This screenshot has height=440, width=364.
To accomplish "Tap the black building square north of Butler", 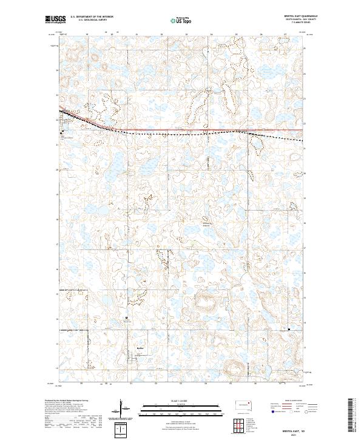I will pos(127,318).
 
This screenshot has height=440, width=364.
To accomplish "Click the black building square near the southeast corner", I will pos(289,330).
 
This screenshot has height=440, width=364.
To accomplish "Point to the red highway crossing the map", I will pos(182,130).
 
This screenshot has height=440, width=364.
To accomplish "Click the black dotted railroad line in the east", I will pos(279,138).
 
